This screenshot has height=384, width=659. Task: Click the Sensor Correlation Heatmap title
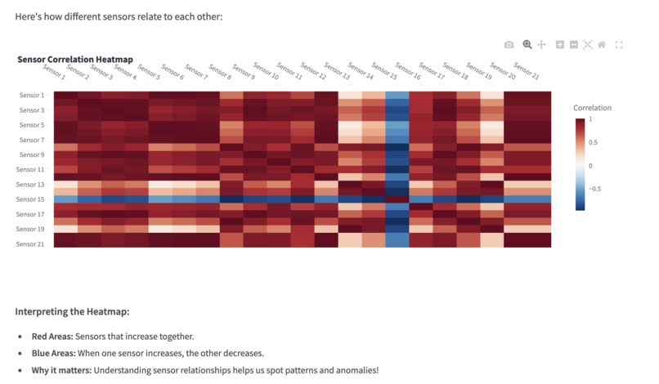tap(75, 60)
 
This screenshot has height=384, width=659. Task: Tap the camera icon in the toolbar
tap(509, 45)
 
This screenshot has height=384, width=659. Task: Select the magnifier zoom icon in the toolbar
tap(527, 45)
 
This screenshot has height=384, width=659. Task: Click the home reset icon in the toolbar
tap(602, 45)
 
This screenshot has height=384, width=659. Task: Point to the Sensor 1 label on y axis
tap(32, 96)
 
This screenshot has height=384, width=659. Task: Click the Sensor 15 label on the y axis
tap(31, 199)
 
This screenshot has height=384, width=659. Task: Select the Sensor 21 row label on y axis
tap(31, 243)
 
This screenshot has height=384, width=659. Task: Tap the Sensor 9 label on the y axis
tap(32, 154)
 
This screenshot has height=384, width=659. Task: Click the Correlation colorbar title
tap(592, 108)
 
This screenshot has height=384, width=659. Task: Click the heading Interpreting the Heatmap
tap(72, 312)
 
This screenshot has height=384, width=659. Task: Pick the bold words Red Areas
tap(52, 337)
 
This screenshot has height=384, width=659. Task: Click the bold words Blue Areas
tap(53, 353)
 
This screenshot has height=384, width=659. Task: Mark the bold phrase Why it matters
tap(61, 370)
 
